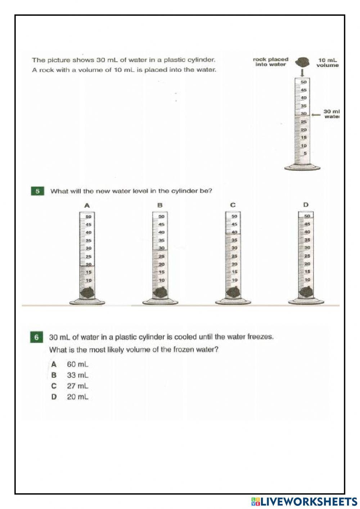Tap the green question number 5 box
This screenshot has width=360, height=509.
[38, 191]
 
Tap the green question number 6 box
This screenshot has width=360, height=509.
[36, 338]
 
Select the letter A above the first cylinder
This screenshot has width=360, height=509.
[87, 206]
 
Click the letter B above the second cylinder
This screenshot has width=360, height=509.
[160, 205]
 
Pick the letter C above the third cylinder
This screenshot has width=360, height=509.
[233, 205]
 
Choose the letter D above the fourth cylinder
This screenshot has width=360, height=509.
[306, 205]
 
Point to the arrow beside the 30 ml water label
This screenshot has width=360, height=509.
[316, 115]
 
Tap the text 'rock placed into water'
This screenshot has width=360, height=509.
[271, 62]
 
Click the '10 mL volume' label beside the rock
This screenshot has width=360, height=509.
[327, 63]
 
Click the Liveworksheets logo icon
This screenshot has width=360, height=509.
[255, 501]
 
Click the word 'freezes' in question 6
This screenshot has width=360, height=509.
[261, 337]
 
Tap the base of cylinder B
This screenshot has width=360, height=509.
[160, 302]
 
